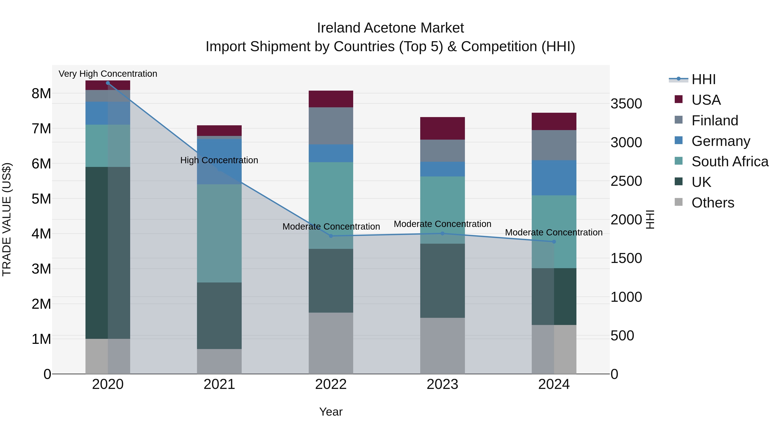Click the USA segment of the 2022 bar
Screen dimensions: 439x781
[x=331, y=99]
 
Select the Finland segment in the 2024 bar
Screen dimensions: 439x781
[x=554, y=145]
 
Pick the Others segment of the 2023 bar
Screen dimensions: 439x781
[x=442, y=346]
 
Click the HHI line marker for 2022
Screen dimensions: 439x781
[x=331, y=236]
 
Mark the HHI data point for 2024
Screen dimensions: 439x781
[x=554, y=242]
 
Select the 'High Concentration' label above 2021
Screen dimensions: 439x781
[x=219, y=160]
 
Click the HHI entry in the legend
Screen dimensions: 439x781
[x=703, y=79]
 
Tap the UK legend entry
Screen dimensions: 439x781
[x=701, y=182]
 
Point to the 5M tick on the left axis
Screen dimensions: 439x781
[x=41, y=199]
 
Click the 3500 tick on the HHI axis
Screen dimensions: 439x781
[x=626, y=104]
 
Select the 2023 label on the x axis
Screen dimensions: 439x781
[x=442, y=384]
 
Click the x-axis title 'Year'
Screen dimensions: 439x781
[x=331, y=412]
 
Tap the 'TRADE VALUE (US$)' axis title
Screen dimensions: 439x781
[x=7, y=219]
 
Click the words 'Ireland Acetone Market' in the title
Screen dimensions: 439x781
[x=390, y=28]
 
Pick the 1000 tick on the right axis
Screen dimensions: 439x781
[x=626, y=297]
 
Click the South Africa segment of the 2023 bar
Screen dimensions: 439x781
[x=442, y=210]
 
